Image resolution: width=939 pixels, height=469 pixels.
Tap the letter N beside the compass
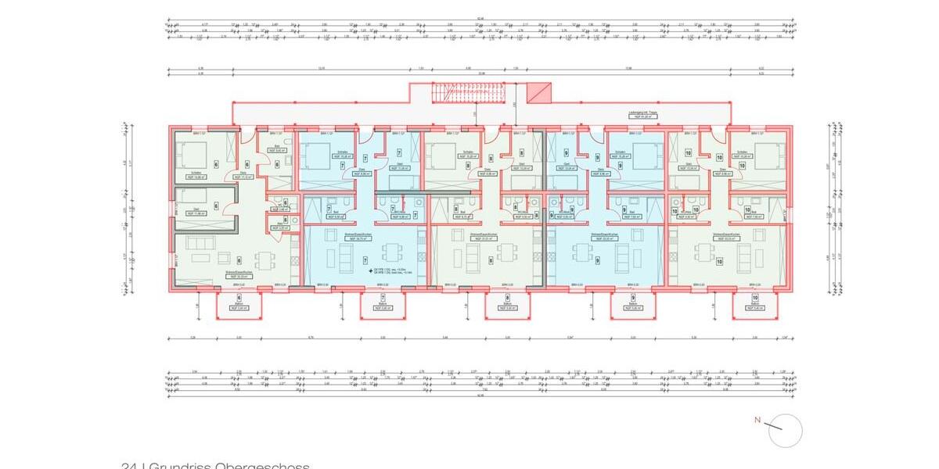757,421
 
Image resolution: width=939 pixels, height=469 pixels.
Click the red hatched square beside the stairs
538,93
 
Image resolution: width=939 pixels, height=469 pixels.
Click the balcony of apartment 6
232,305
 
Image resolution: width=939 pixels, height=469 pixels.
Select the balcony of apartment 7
383,305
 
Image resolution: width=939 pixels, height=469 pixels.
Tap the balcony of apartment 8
507,305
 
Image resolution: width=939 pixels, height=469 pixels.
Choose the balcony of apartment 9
632,305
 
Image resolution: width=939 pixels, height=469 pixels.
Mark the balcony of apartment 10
755,305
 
